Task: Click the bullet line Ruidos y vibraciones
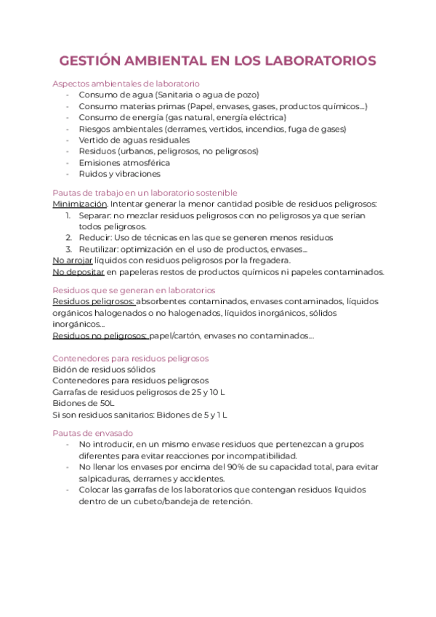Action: [x=119, y=174]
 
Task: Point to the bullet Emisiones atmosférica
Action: [x=124, y=162]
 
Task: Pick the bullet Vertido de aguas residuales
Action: [x=134, y=140]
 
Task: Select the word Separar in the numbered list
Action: [x=96, y=215]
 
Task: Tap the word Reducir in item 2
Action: [x=95, y=237]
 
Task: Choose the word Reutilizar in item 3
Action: [x=100, y=249]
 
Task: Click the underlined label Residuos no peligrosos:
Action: [x=100, y=335]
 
